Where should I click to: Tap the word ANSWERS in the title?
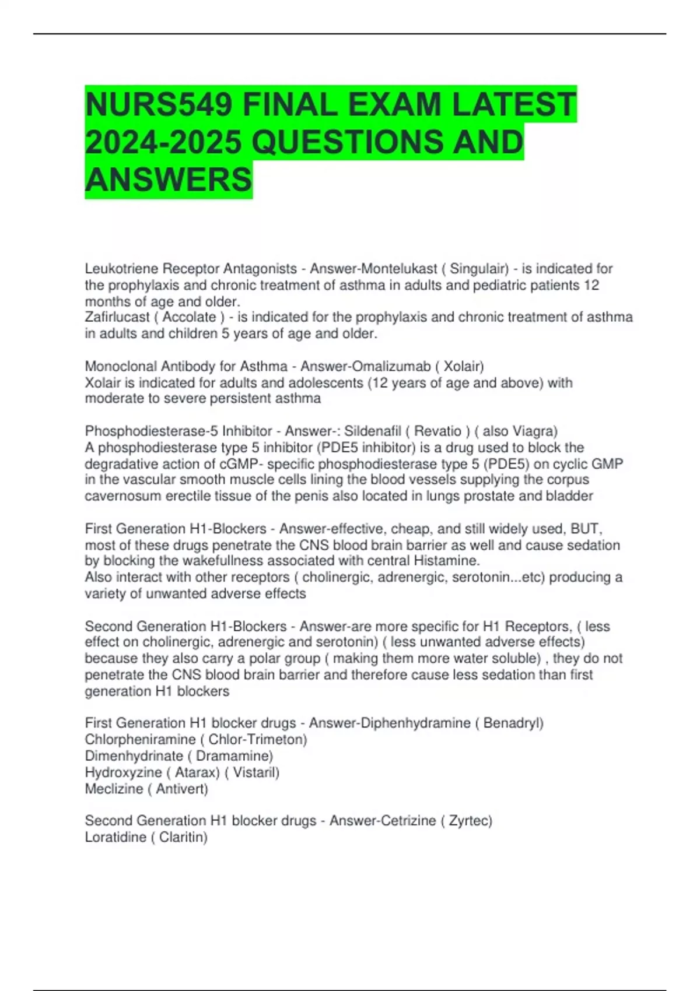(169, 179)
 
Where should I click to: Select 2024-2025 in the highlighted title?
(163, 142)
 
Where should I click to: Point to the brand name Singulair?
(478, 269)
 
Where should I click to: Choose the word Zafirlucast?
(117, 317)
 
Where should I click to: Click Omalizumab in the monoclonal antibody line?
(391, 366)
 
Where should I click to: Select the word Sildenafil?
(373, 431)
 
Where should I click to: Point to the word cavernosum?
(123, 496)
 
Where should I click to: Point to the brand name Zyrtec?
(470, 821)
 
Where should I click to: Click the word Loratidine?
(116, 837)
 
